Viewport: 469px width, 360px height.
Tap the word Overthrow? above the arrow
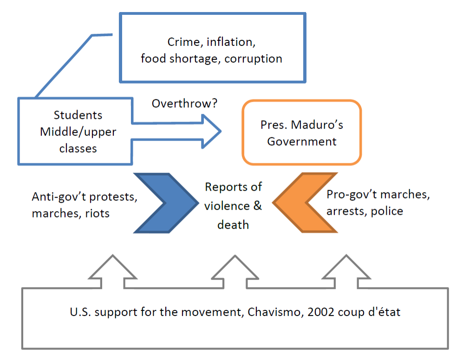click(x=185, y=103)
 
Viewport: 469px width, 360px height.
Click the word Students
click(x=78, y=115)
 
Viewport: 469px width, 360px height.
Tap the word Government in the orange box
click(x=301, y=141)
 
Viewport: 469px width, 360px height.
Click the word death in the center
click(x=234, y=225)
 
